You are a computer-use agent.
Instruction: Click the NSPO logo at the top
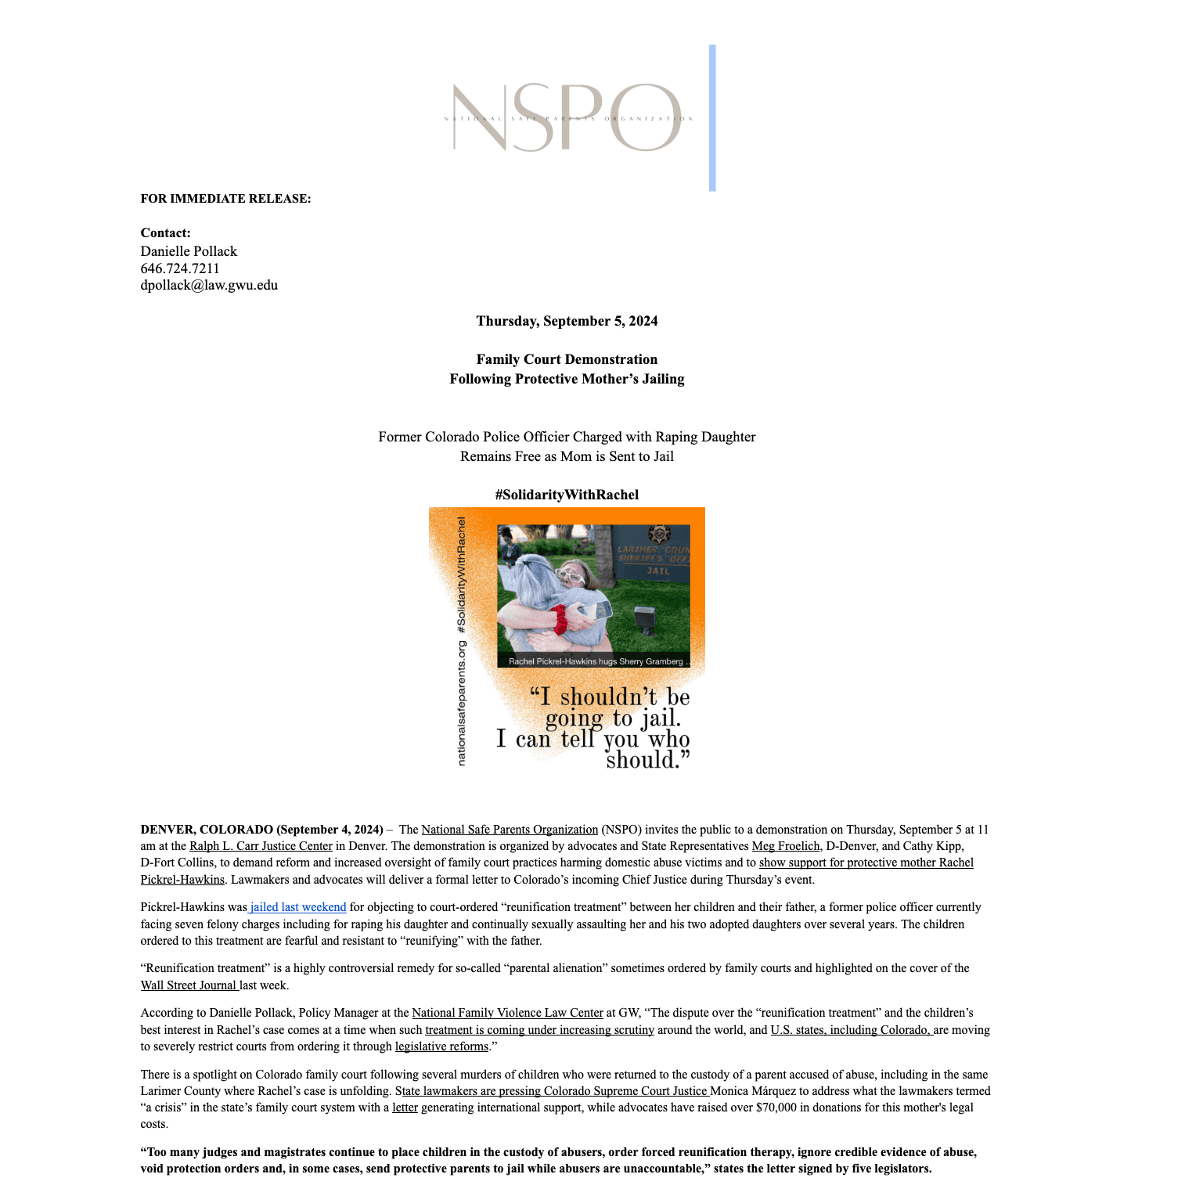pyautogui.click(x=567, y=118)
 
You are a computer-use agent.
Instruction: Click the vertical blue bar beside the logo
pyautogui.click(x=712, y=118)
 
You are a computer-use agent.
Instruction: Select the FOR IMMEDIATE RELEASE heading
pyautogui.click(x=225, y=199)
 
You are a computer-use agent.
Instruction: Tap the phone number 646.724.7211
pyautogui.click(x=180, y=268)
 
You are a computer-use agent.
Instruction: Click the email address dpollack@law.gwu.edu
pyautogui.click(x=209, y=285)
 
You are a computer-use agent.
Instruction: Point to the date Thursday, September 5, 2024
pyautogui.click(x=567, y=321)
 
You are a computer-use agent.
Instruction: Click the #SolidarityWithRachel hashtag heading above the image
pyautogui.click(x=567, y=495)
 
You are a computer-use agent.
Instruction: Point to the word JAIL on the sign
pyautogui.click(x=658, y=571)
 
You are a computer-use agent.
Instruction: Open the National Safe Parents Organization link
pyautogui.click(x=510, y=830)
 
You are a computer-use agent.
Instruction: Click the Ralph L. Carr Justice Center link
pyautogui.click(x=261, y=846)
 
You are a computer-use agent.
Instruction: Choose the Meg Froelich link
pyautogui.click(x=786, y=846)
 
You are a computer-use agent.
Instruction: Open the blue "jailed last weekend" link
pyautogui.click(x=298, y=907)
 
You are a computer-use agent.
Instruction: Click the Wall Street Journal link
pyautogui.click(x=189, y=985)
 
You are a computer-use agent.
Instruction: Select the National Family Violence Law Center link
pyautogui.click(x=507, y=1013)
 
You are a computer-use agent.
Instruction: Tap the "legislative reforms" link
pyautogui.click(x=441, y=1046)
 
